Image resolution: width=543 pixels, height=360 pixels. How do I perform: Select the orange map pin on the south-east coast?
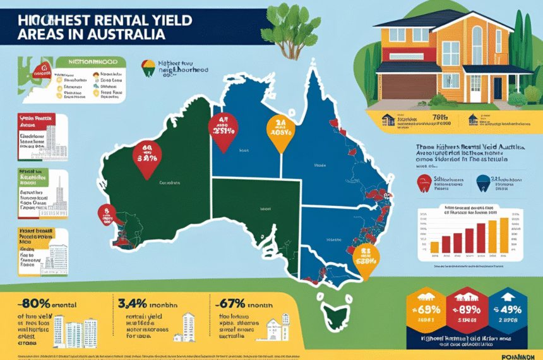(x=365, y=258)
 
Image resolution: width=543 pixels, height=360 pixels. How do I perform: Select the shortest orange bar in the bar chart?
(x=434, y=246)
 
